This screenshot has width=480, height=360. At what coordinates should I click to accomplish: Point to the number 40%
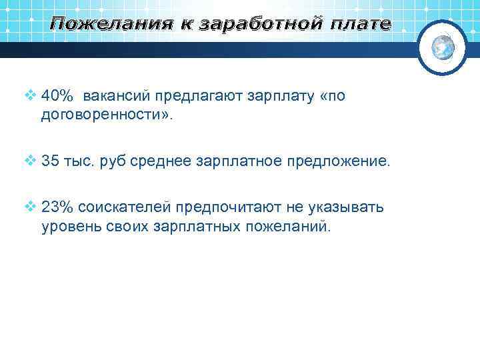click(x=56, y=96)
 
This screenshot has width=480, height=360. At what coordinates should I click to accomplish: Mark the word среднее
click(x=159, y=161)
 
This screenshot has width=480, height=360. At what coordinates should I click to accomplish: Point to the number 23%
click(x=56, y=207)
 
